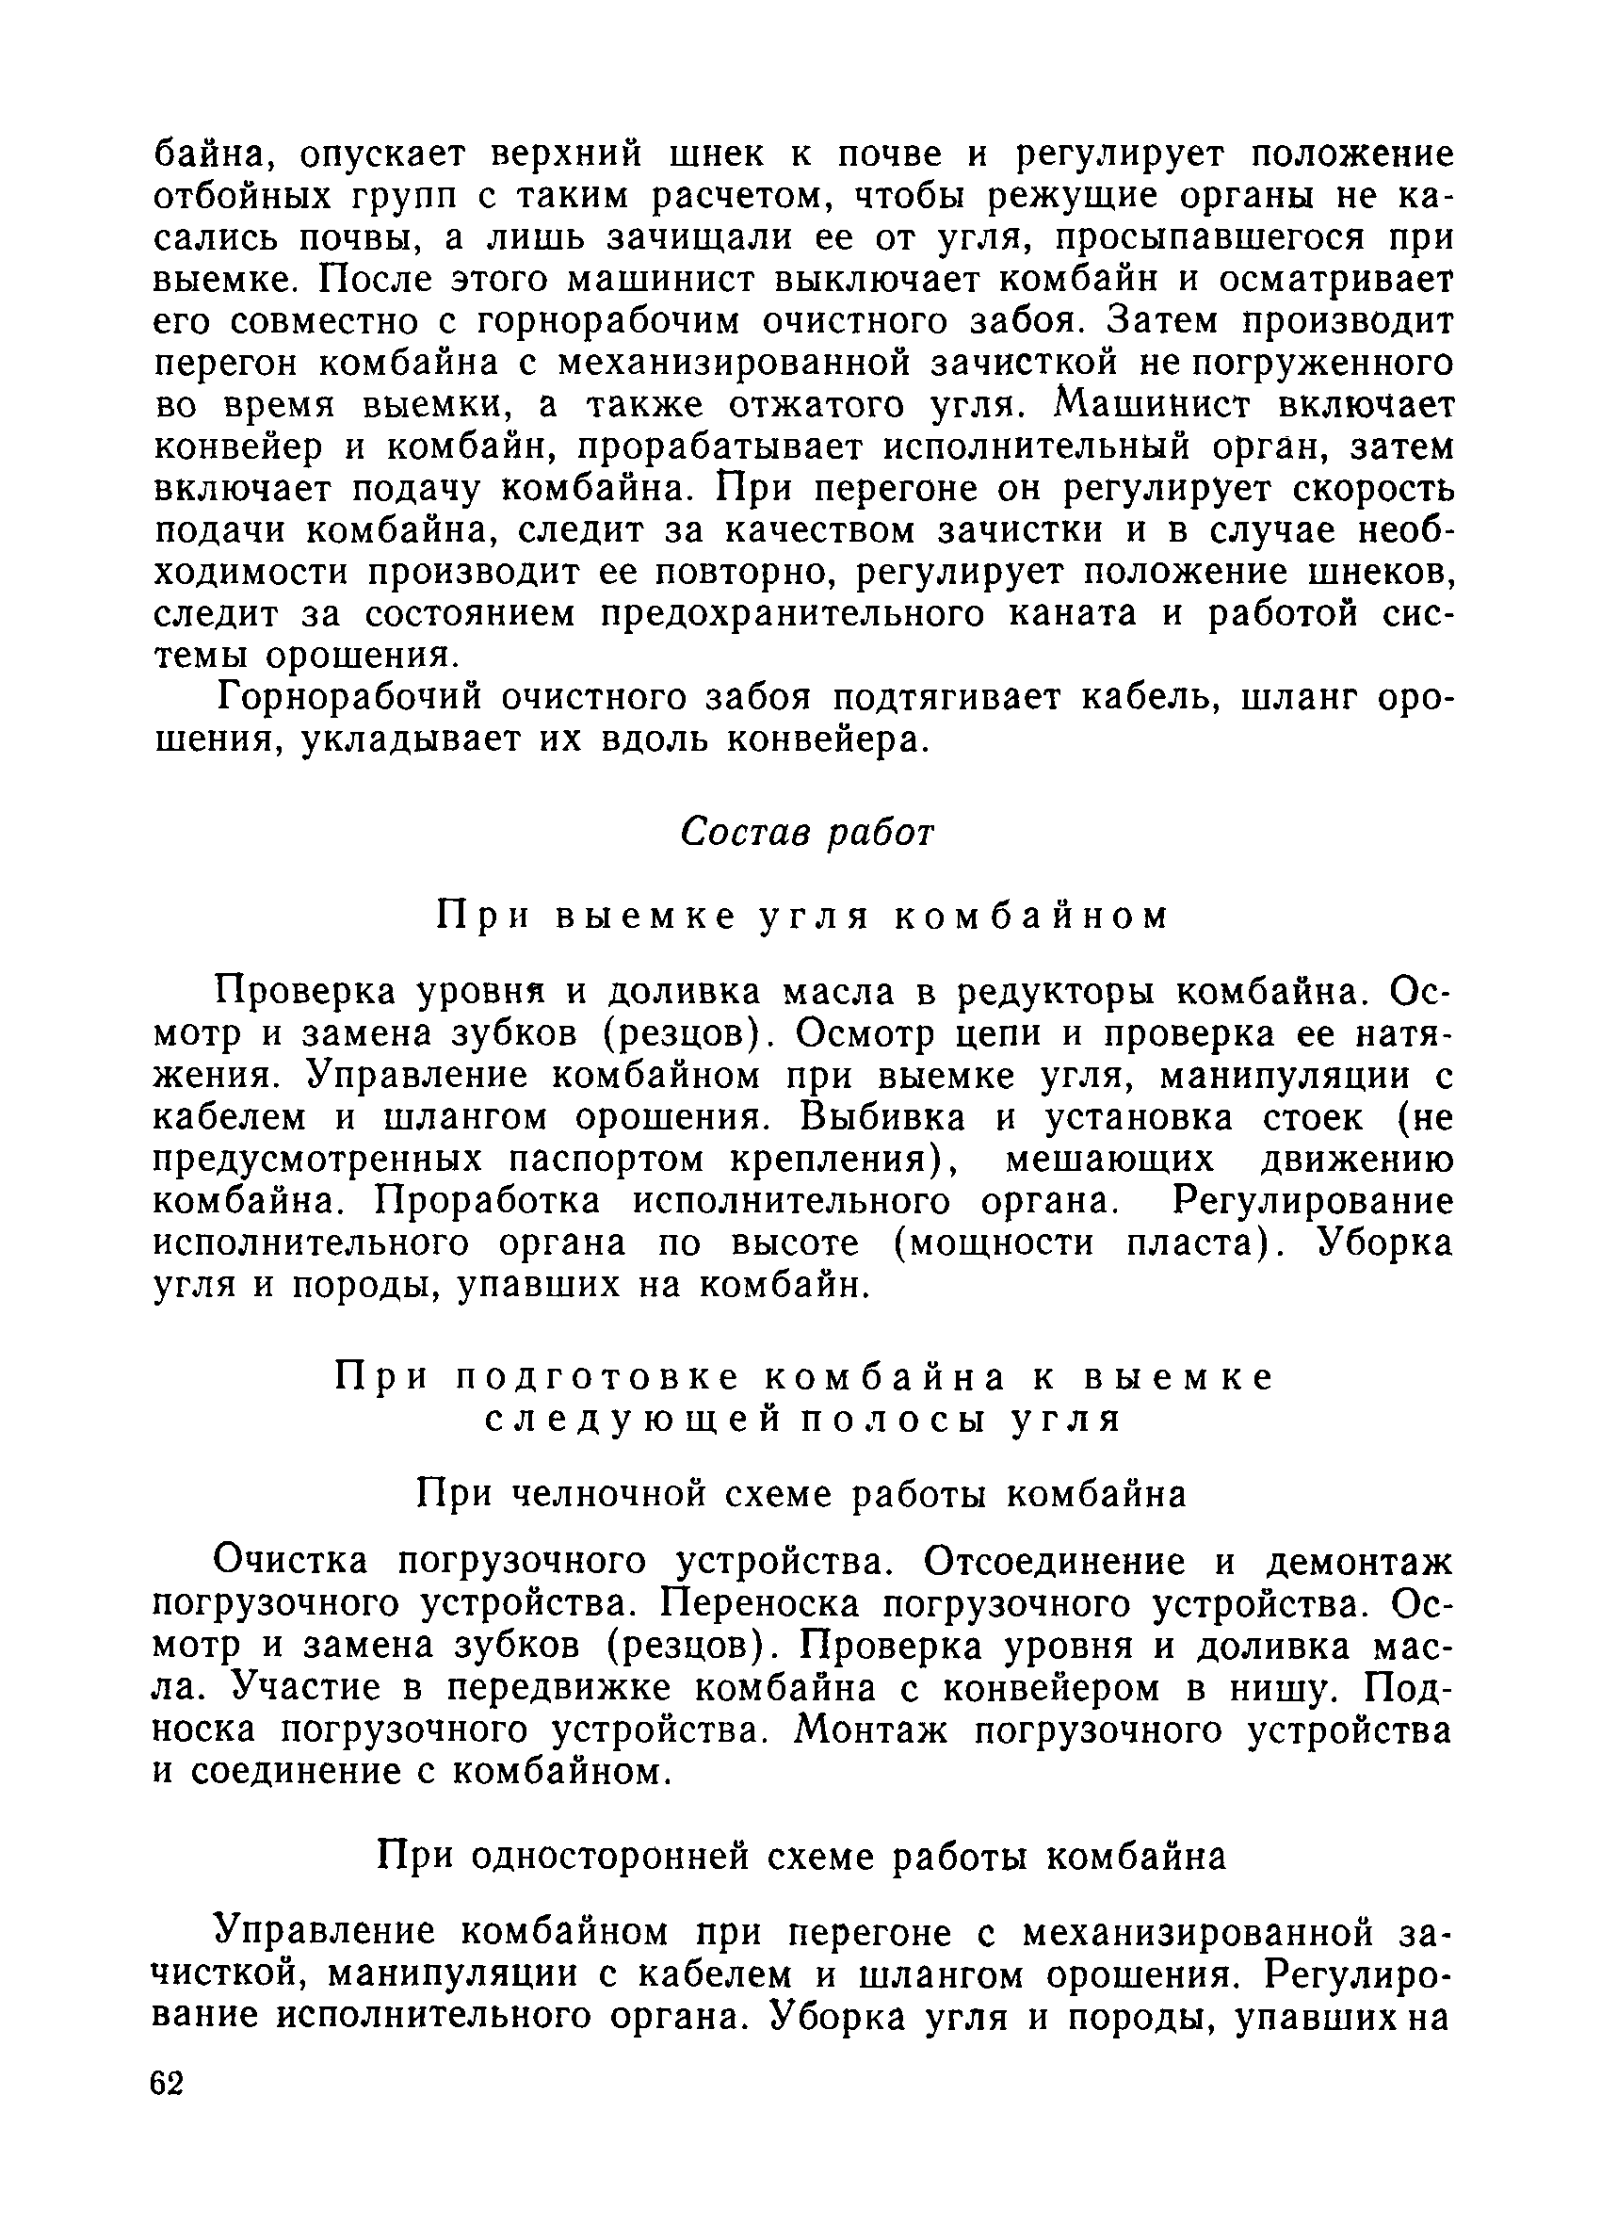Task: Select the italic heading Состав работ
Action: point(806,832)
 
